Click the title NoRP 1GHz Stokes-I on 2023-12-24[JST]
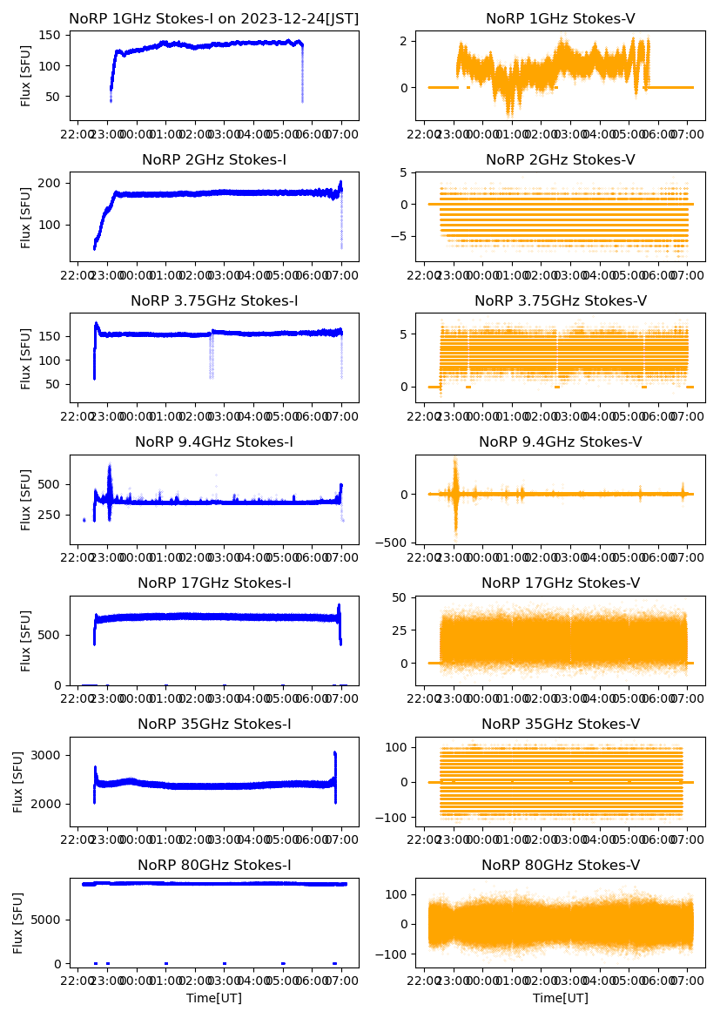pyautogui.click(x=214, y=18)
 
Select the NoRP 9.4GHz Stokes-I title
pyautogui.click(x=214, y=442)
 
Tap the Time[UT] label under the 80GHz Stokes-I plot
pyautogui.click(x=214, y=998)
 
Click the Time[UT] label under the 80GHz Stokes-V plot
pyautogui.click(x=560, y=998)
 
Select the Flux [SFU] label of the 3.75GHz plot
pyautogui.click(x=26, y=358)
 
